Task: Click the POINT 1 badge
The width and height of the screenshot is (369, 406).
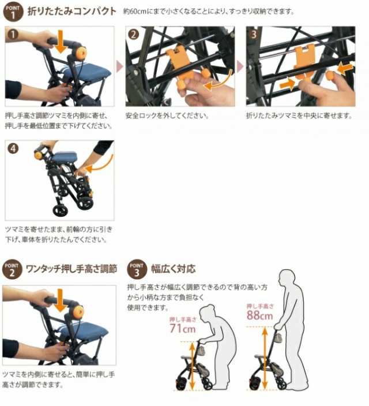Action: (12, 11)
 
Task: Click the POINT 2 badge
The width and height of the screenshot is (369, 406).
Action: (12, 269)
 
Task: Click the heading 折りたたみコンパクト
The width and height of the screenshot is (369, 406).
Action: (71, 12)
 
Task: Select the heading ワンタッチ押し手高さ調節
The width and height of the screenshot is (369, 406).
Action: (72, 269)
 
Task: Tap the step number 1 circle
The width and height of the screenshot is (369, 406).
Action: (13, 34)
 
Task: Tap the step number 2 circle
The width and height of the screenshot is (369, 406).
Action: (133, 34)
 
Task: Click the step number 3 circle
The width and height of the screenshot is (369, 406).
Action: (254, 34)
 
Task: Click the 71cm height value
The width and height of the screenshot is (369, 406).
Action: (183, 329)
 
